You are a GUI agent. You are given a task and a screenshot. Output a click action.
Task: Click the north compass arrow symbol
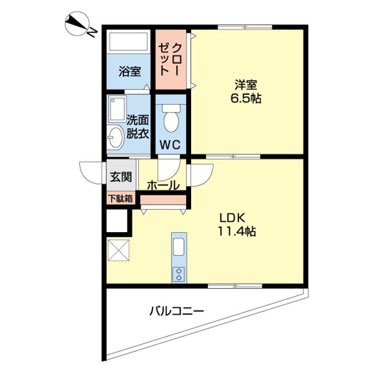(x=78, y=25)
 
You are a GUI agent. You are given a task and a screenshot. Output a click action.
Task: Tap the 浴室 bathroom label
(x=130, y=71)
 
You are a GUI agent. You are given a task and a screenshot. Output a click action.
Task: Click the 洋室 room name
(x=246, y=84)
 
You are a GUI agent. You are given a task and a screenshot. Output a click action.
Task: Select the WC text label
(x=170, y=145)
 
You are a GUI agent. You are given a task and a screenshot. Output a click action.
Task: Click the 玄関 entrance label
(x=120, y=176)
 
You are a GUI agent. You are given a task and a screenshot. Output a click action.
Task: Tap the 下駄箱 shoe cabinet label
(x=120, y=198)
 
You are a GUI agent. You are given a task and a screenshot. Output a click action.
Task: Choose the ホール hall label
(x=163, y=185)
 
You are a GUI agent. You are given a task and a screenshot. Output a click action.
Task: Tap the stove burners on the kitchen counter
(x=179, y=273)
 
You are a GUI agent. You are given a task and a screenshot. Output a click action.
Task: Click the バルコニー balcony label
(x=177, y=312)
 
